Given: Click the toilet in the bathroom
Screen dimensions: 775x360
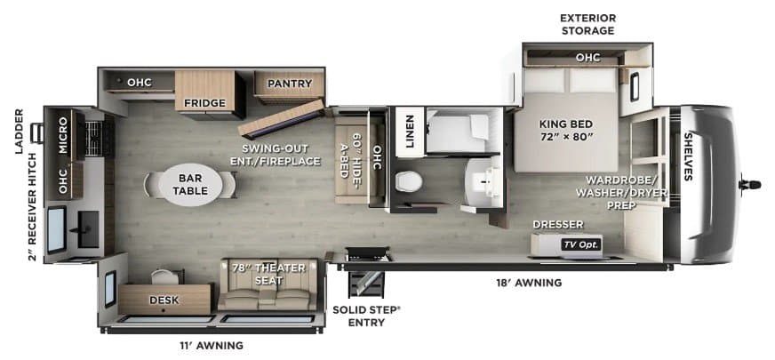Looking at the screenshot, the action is [409, 182].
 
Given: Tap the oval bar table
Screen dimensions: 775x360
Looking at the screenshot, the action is [190, 185].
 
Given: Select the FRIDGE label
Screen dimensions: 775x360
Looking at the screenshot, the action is [204, 103].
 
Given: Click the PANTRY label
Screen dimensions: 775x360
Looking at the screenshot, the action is [290, 84].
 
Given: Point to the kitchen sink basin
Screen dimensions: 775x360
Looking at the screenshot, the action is [88, 229].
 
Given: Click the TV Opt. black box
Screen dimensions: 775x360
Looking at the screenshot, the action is [580, 244].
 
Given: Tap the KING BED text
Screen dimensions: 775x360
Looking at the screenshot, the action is [565, 124].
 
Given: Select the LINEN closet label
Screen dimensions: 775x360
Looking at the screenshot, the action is [410, 132].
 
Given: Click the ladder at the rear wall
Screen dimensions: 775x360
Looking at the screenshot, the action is [37, 133].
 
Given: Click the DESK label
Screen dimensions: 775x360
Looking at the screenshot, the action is [164, 300].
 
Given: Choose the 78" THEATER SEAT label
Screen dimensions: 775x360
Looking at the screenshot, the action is [268, 274].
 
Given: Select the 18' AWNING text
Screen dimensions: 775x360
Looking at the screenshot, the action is [529, 283].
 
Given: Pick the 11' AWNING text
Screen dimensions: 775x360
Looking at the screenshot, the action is [211, 345].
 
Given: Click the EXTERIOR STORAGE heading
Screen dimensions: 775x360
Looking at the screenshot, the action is [587, 24].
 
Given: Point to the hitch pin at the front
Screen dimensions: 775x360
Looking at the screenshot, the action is [750, 185].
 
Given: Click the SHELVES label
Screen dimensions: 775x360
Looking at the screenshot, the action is [688, 156].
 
